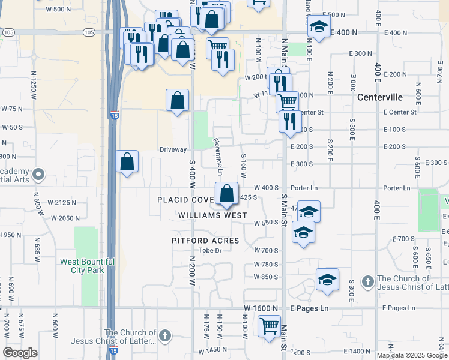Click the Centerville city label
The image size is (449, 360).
pos(379,97)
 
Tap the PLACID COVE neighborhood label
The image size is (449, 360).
pos(185,199)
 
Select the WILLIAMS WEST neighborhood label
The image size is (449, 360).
pos(212,215)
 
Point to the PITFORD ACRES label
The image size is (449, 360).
pos(205,241)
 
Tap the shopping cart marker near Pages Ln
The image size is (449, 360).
pos(269,327)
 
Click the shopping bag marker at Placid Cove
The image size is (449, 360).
pos(226,194)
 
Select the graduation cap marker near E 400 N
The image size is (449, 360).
pos(319,28)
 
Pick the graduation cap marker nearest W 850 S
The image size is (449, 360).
pos(327,280)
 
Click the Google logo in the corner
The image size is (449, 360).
pos(20,353)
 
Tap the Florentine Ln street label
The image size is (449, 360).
pos(218,153)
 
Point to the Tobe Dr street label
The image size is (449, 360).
pos(210,250)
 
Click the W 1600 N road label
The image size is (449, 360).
pos(261,308)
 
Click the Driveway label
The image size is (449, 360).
pos(173,149)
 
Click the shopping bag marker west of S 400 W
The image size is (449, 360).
pos(127,161)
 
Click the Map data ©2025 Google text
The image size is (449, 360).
pos(412,355)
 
